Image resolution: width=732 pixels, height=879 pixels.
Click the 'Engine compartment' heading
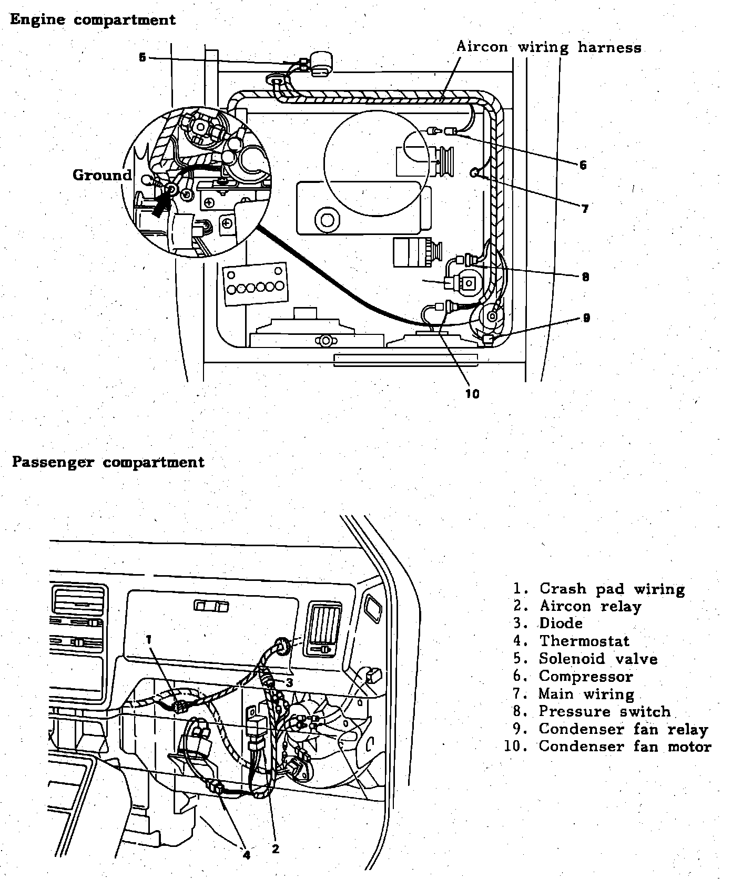(x=93, y=20)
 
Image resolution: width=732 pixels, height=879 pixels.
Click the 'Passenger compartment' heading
(x=108, y=462)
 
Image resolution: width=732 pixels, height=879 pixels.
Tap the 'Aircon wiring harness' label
(x=548, y=47)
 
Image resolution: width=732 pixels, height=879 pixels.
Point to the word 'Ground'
(x=102, y=175)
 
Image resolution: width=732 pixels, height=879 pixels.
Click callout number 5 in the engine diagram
(x=143, y=57)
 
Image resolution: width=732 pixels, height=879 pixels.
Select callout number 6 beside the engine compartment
(x=583, y=165)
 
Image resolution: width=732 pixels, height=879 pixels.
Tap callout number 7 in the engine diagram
(x=585, y=209)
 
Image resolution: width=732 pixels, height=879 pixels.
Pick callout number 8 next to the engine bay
(x=585, y=277)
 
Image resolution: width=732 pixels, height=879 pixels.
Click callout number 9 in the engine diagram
(x=586, y=318)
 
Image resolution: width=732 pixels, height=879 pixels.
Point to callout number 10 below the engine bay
(x=472, y=394)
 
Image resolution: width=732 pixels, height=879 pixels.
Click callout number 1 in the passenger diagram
(x=149, y=639)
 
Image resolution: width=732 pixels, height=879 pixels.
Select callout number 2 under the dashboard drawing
(x=276, y=849)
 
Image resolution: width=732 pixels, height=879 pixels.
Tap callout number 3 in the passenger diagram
(x=290, y=682)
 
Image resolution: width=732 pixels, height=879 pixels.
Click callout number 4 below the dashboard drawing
(x=247, y=854)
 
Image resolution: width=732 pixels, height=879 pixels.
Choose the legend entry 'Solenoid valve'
(x=598, y=659)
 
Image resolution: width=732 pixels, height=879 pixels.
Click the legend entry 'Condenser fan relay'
(x=623, y=729)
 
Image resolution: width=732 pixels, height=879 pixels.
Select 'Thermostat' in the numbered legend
(x=584, y=641)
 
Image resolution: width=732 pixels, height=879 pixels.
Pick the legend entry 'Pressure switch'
(x=605, y=711)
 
